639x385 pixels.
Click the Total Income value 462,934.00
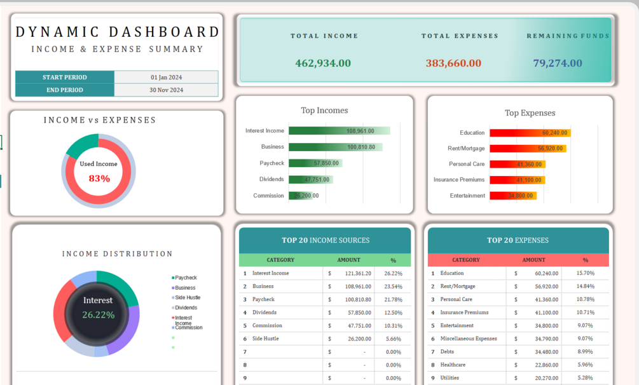[x=323, y=63]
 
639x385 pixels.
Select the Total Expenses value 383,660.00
[x=453, y=63]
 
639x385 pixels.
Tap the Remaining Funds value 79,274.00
[x=558, y=63]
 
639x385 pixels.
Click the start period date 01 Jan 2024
[x=166, y=78]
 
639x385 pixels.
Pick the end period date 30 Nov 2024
[x=166, y=90]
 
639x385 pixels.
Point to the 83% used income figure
[x=99, y=179]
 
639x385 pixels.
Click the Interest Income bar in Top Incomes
[x=339, y=131]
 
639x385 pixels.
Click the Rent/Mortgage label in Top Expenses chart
[x=466, y=149]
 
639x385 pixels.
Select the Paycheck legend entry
[x=186, y=278]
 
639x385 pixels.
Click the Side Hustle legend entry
[x=187, y=297]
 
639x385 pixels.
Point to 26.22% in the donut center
[x=98, y=314]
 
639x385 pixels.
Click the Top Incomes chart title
[x=324, y=111]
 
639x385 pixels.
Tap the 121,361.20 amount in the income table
[x=358, y=273]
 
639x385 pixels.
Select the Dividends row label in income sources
[x=264, y=313]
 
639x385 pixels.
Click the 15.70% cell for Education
[x=584, y=273]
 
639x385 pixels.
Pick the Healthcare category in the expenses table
[x=453, y=365]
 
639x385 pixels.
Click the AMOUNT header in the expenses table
[x=533, y=260]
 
